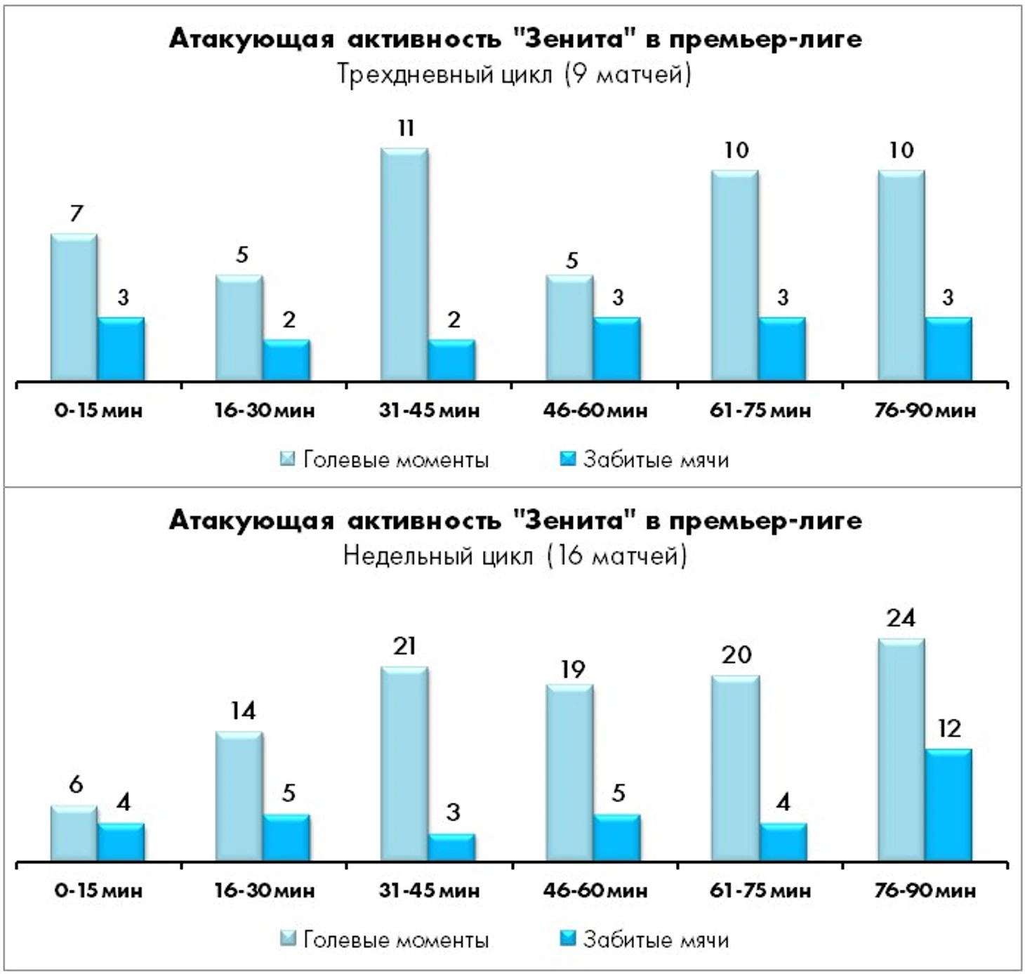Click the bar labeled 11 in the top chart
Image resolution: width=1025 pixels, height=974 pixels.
404,265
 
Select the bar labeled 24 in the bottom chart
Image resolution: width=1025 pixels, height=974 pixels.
901,750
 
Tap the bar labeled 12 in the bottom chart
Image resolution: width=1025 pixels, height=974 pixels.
948,805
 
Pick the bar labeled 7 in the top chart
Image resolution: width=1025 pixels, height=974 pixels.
74,308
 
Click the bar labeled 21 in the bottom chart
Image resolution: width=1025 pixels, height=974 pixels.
404,764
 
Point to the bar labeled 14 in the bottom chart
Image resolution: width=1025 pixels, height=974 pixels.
239,796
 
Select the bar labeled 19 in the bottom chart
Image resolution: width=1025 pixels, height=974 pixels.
570,772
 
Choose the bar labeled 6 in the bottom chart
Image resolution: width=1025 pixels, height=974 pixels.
74,834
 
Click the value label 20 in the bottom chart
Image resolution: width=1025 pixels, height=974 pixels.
736,655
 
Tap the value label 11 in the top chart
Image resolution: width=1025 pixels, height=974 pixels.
406,129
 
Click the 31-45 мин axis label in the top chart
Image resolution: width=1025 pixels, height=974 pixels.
429,410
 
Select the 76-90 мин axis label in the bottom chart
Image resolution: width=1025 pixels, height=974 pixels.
925,891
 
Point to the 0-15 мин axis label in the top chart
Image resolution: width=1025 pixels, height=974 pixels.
98,410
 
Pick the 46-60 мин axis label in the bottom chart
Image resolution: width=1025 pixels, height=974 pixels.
595,891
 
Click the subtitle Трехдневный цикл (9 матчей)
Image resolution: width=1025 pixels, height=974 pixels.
514,74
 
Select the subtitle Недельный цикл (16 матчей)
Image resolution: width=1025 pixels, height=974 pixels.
514,555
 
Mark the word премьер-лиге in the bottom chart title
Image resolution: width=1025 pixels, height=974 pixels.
765,520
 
